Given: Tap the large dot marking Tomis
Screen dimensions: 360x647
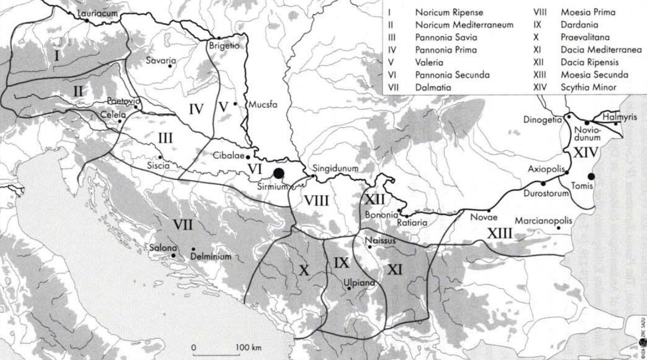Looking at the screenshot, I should pos(591,176).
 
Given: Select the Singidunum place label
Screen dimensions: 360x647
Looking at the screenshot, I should pos(335,169).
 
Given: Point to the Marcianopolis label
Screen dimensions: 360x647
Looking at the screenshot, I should pos(544,221).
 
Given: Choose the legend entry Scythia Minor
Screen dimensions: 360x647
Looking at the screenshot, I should pos(586,86).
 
